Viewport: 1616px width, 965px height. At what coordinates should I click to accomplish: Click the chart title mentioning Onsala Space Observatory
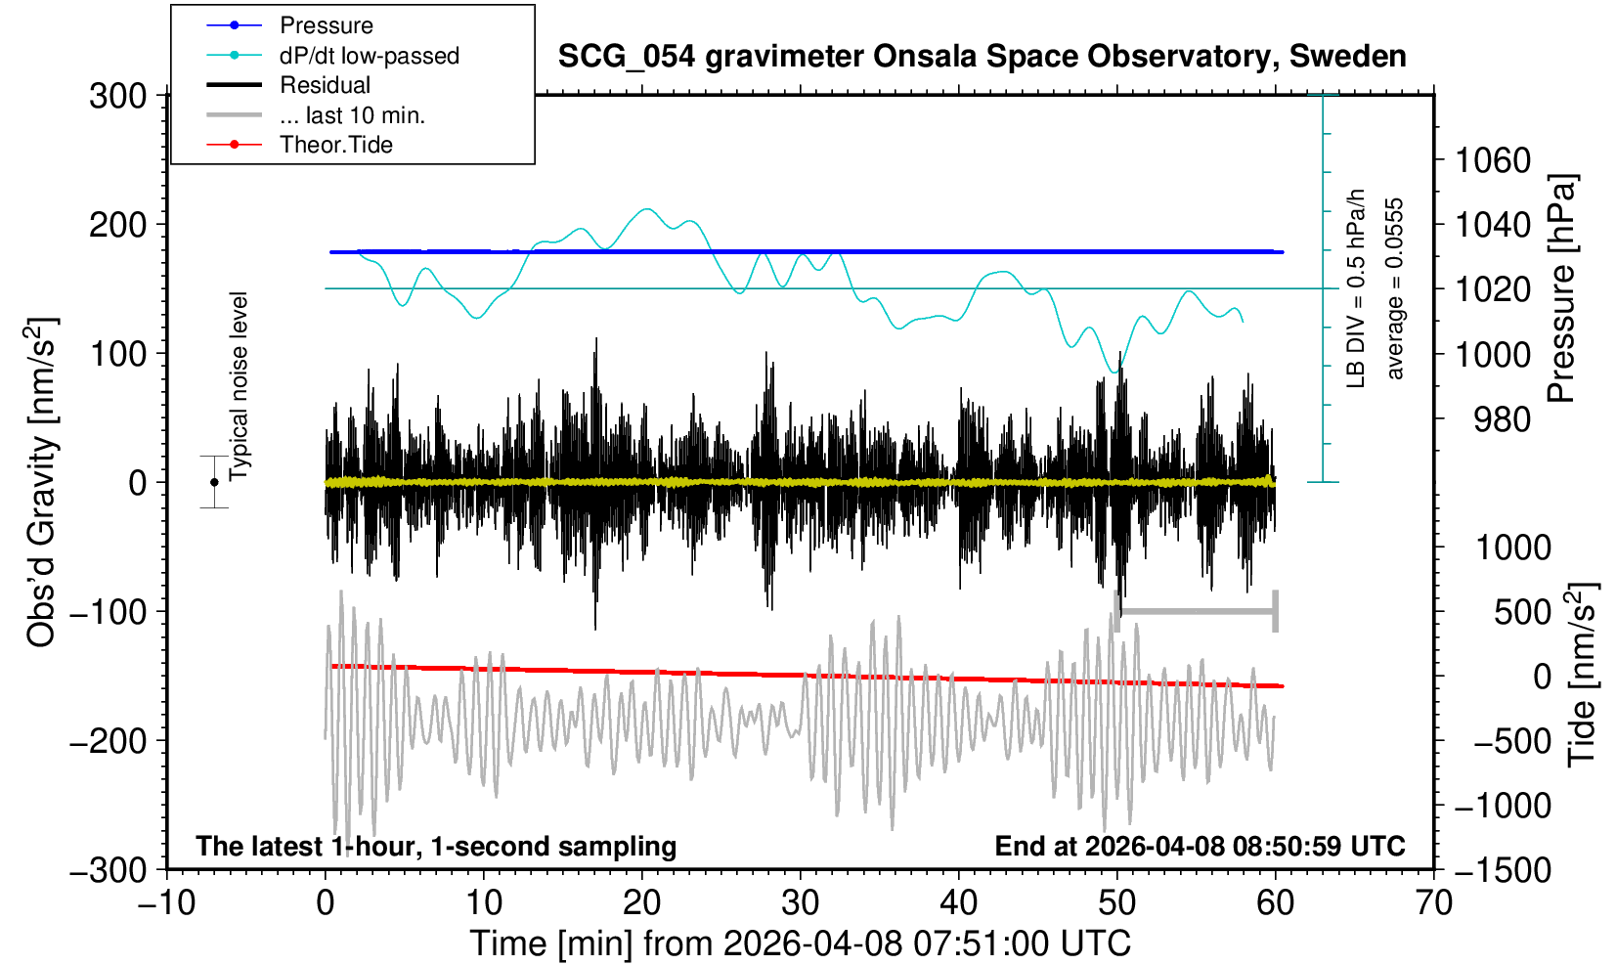pos(982,57)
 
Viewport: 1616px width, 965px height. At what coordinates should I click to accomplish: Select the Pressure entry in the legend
pos(326,25)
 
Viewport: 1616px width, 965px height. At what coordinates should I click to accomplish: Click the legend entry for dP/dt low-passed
pos(369,56)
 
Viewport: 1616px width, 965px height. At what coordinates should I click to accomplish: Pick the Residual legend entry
pos(325,85)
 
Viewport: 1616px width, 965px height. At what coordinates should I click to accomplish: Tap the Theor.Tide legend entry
pos(335,145)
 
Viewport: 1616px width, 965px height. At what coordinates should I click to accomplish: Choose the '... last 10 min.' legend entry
pos(352,115)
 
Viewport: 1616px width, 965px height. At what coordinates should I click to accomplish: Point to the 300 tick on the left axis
pos(117,96)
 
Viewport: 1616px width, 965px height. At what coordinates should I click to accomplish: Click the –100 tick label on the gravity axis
pos(109,612)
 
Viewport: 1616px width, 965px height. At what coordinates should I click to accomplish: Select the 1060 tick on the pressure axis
pos(1493,159)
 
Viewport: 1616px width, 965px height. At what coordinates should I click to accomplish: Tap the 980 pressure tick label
pos(1502,419)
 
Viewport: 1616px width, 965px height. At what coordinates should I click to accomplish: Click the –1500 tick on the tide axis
pos(1503,869)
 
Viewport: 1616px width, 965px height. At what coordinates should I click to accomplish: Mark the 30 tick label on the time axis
pos(800,901)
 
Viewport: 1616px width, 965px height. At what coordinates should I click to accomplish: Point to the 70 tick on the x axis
pos(1433,901)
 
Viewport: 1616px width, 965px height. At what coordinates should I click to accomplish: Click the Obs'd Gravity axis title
pos(42,482)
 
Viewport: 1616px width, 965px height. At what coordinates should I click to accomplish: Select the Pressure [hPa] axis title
pos(1561,288)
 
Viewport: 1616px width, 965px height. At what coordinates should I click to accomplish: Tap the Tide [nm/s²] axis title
pos(1581,675)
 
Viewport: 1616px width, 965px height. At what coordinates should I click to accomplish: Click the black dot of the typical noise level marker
pos(214,482)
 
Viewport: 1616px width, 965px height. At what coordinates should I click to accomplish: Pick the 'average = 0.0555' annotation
pos(1395,288)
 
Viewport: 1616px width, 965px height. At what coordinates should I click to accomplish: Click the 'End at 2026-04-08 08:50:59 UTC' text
pos(1200,846)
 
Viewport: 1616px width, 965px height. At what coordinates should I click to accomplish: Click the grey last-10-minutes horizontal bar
pos(1197,612)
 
